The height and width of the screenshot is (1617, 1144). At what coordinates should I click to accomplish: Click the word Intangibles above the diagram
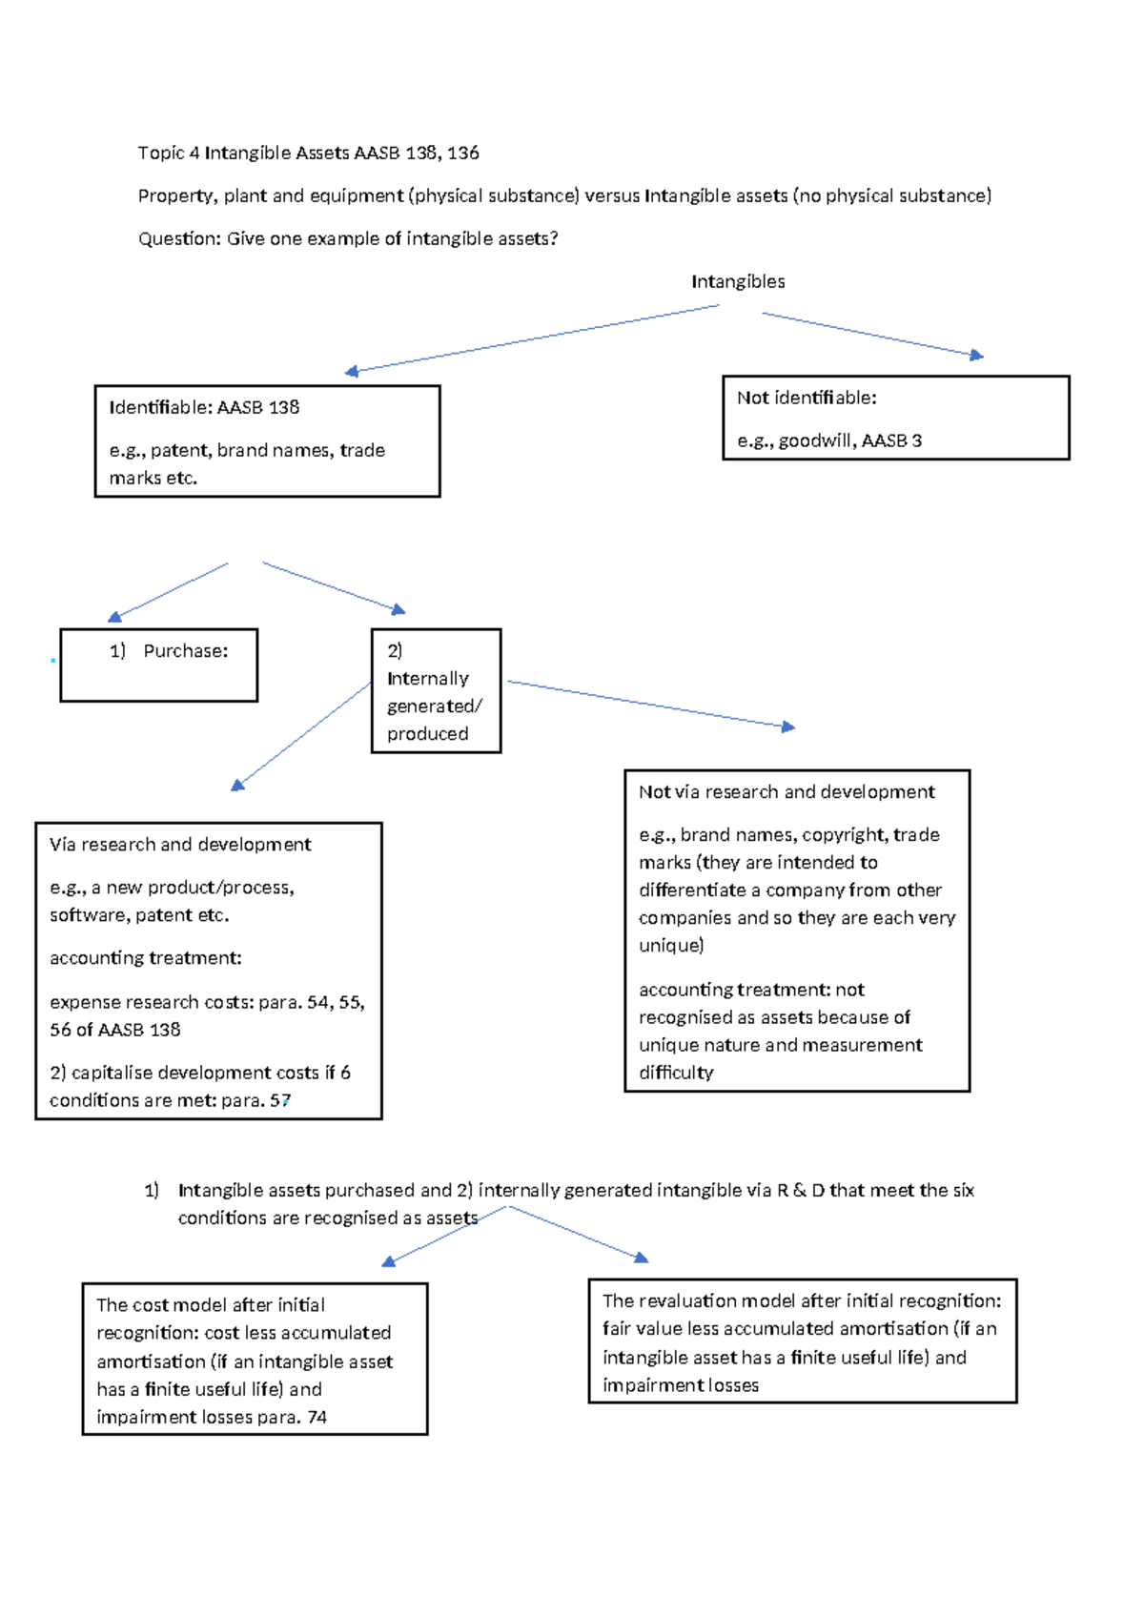pos(738,281)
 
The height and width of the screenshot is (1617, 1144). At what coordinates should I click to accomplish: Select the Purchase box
pos(159,665)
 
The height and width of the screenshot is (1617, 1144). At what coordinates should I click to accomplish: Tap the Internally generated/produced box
pos(436,691)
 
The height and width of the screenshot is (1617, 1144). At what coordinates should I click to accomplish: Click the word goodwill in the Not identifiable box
pos(817,441)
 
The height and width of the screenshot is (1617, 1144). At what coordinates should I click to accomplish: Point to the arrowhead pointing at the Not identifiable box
pos(976,355)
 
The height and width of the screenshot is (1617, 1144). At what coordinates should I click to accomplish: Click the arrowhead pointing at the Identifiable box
pos(352,372)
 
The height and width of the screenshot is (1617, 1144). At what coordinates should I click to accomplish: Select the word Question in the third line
pos(179,239)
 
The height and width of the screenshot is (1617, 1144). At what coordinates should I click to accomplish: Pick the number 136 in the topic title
pos(462,154)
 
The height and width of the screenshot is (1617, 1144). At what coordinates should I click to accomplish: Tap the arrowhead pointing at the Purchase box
pos(114,617)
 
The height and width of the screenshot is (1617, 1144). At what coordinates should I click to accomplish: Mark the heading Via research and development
pos(180,845)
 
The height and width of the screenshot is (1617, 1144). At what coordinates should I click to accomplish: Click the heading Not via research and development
pos(786,792)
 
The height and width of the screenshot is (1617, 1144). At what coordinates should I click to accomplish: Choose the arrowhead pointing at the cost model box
pos(388,1261)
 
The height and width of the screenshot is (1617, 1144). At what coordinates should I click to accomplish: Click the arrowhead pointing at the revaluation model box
pos(642,1259)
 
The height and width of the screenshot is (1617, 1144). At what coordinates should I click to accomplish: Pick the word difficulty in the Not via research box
pos(676,1073)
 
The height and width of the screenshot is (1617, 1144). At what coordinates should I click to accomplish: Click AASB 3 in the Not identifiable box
pos(891,441)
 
